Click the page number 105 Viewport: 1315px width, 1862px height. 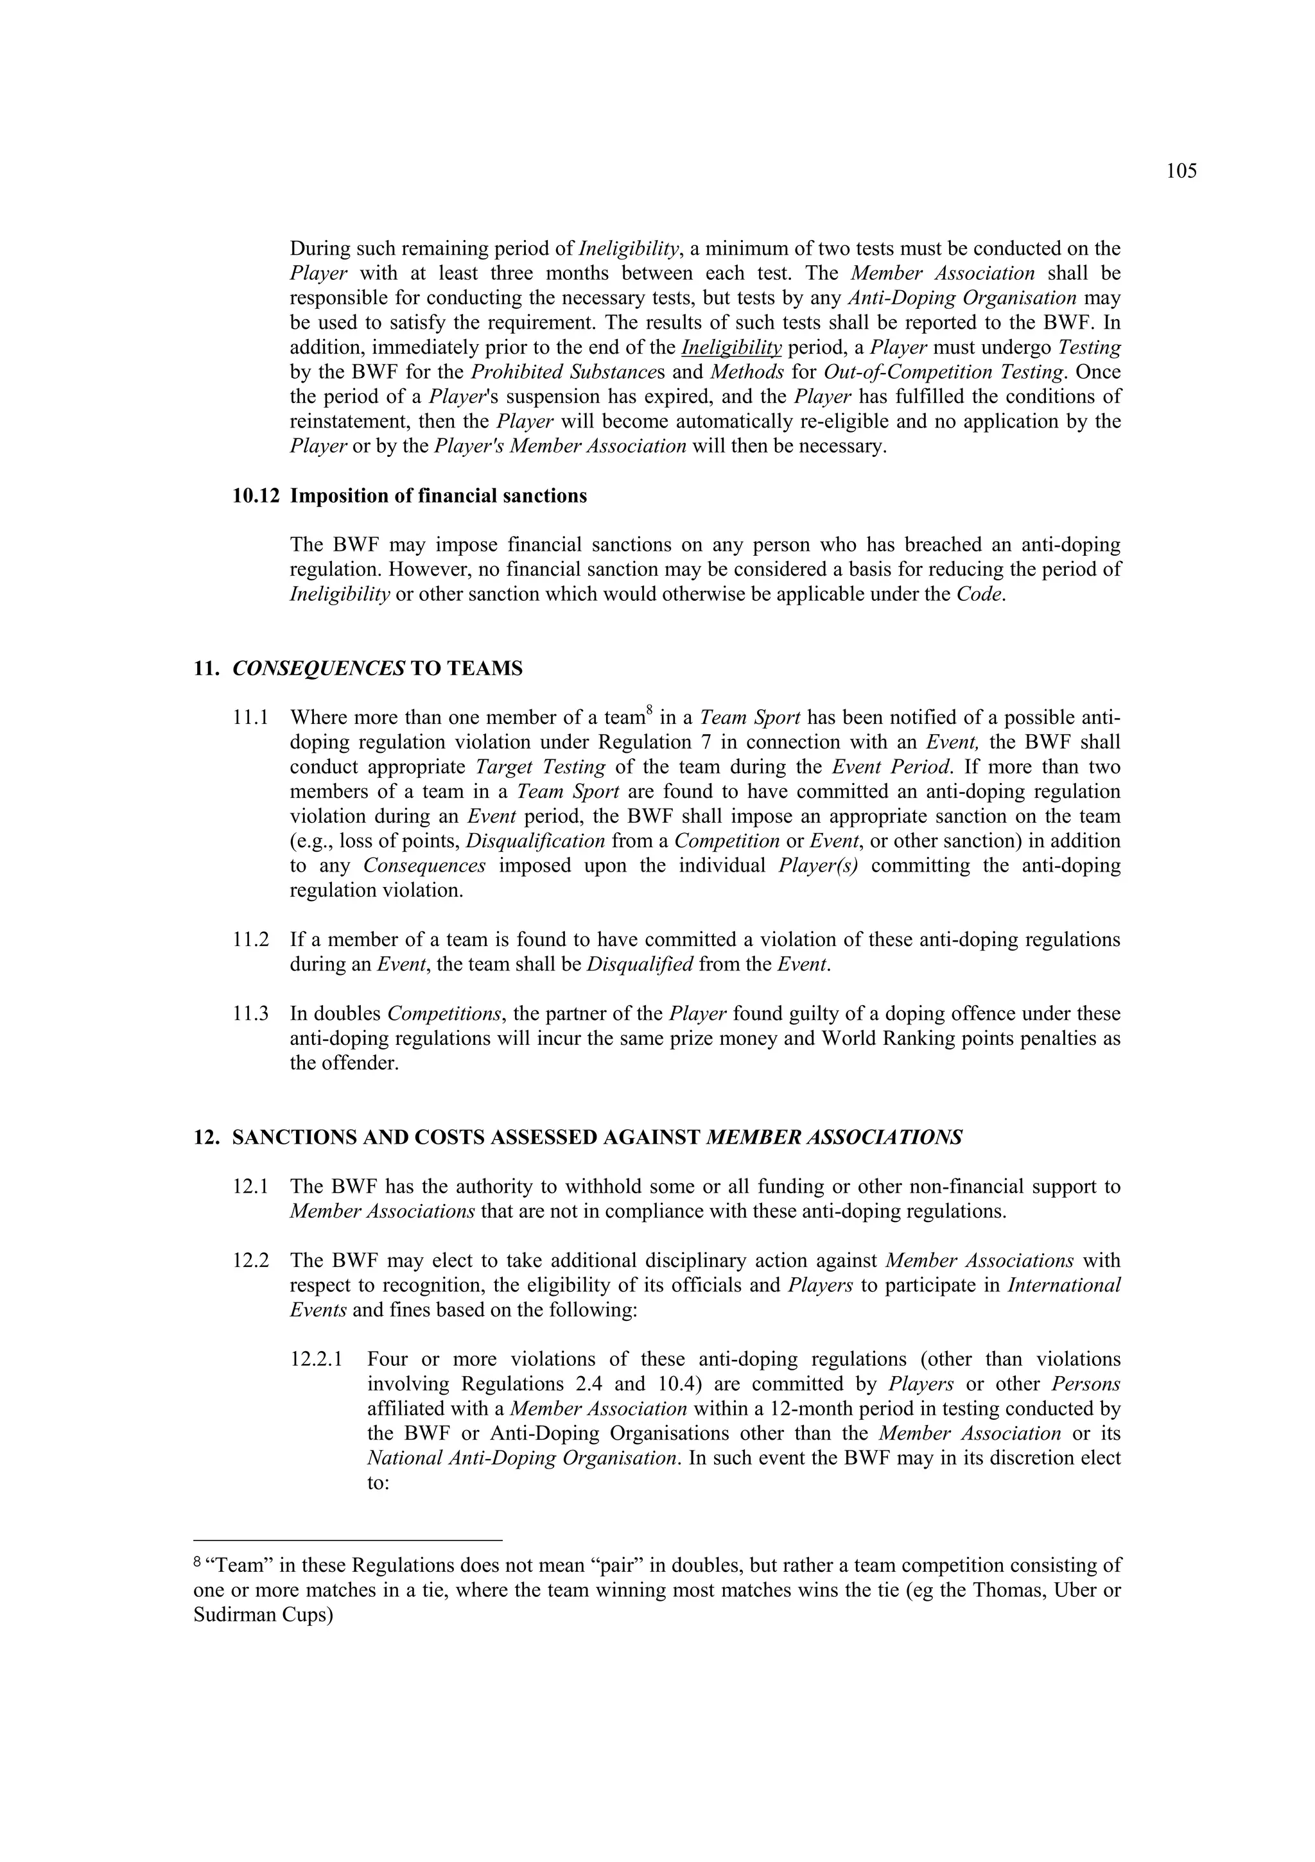point(1181,171)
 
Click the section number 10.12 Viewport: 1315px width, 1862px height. point(256,496)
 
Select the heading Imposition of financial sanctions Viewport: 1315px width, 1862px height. point(438,496)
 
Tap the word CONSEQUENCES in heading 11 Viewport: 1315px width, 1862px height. point(318,668)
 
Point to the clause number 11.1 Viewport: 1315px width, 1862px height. point(250,718)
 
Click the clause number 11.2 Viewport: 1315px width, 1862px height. point(250,940)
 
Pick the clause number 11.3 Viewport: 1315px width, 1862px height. point(250,1013)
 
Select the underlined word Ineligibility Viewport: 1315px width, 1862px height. point(731,348)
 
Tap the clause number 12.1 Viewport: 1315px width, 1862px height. point(250,1187)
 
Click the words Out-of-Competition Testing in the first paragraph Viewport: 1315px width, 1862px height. point(942,372)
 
